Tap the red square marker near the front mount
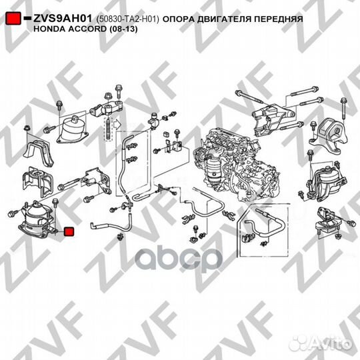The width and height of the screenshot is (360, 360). [68, 232]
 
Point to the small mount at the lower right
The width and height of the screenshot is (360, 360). [328, 223]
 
